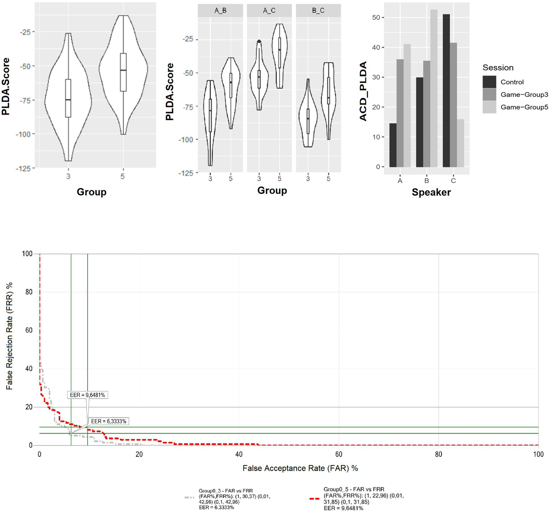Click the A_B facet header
pos(220,10)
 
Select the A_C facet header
pos(269,10)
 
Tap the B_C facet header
pos(318,10)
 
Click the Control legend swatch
pos(489,82)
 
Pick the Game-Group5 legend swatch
pos(489,107)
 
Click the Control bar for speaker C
pos(446,90)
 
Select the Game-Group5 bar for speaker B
pos(434,88)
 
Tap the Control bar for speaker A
pos(393,145)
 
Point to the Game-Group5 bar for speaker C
pos(460,143)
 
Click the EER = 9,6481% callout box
pos(87,395)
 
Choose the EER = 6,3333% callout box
pos(109,421)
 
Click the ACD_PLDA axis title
pos(363,91)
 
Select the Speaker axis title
pos(431,192)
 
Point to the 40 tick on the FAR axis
pos(239,454)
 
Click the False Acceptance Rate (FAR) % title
pos(300,468)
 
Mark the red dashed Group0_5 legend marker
pos(314,499)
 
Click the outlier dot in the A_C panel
pos(259,42)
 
